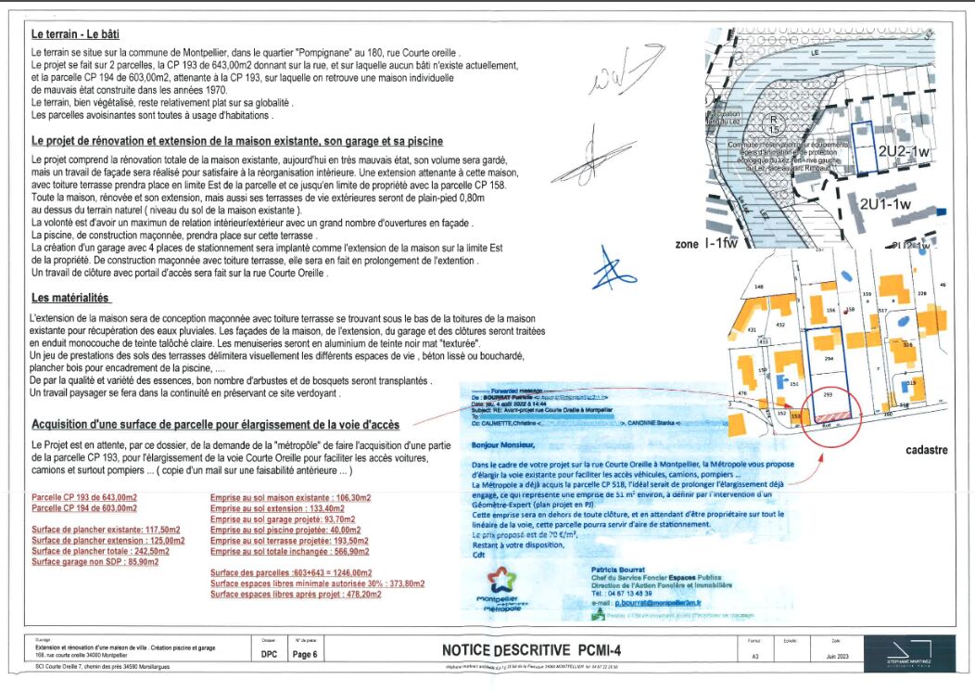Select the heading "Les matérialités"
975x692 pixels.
(70, 299)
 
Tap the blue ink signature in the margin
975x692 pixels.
(613, 268)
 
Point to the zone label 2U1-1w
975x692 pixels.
(885, 204)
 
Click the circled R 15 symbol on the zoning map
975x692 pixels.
(773, 125)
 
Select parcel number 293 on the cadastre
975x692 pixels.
(829, 394)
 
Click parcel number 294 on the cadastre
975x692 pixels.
(829, 357)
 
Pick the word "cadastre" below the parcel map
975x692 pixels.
(927, 450)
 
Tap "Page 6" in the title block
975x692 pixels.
(305, 654)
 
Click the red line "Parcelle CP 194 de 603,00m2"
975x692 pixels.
(84, 508)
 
